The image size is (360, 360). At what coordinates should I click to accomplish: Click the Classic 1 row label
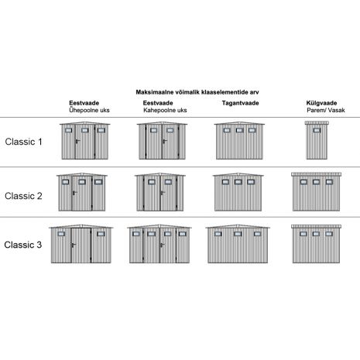[23, 142]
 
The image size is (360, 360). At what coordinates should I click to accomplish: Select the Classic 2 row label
[23, 196]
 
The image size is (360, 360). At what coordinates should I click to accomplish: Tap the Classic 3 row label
[23, 245]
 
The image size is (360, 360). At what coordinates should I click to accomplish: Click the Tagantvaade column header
[240, 103]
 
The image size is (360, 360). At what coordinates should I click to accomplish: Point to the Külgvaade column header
[321, 103]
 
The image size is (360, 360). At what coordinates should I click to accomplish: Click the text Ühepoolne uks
[89, 110]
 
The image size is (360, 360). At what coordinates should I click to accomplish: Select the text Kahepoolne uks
[165, 110]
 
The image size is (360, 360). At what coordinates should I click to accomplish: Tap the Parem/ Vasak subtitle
[326, 110]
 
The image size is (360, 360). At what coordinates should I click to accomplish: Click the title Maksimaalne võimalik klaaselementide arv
[197, 92]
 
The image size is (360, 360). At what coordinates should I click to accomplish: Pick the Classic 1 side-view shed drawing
[317, 140]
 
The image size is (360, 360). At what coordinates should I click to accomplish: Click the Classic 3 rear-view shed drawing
[238, 244]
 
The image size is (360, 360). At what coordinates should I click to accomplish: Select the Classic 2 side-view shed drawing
[316, 192]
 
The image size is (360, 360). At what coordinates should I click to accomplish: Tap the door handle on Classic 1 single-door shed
[77, 141]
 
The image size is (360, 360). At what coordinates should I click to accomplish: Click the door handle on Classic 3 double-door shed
[162, 245]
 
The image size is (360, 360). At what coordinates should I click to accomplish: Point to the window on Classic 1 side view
[317, 130]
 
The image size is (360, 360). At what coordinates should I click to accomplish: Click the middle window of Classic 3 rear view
[238, 234]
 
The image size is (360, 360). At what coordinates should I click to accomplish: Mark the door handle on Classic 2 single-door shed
[74, 193]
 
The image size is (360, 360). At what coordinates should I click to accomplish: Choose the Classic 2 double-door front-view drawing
[160, 192]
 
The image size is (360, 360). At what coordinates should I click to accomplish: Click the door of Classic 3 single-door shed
[81, 245]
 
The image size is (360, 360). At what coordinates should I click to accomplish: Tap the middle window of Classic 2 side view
[316, 182]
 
